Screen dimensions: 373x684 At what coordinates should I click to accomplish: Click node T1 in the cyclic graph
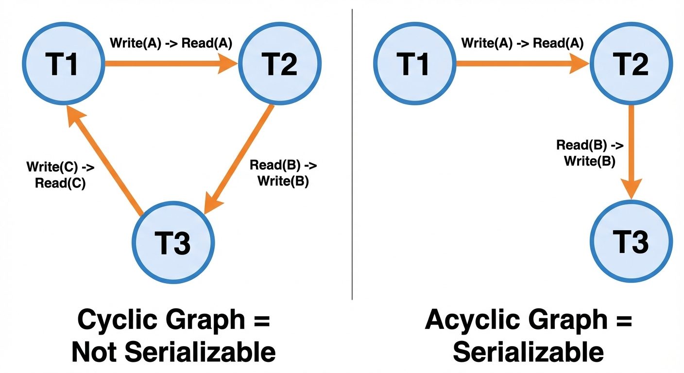(x=64, y=63)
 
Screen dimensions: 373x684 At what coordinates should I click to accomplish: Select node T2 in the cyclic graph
(x=280, y=63)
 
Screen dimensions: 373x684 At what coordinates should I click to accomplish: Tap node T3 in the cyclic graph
(x=173, y=241)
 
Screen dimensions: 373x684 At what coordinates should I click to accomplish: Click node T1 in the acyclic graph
(x=414, y=63)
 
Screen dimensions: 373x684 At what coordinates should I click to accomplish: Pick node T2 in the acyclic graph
(x=632, y=63)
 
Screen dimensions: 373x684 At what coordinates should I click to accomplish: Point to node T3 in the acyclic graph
(x=632, y=241)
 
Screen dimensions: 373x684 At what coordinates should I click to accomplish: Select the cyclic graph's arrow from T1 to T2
(x=170, y=63)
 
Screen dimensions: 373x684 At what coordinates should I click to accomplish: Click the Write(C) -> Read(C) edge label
(x=60, y=175)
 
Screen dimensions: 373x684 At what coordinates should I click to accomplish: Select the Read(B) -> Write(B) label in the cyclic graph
(x=283, y=173)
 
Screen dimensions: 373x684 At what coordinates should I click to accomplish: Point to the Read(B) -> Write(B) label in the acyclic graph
(x=590, y=153)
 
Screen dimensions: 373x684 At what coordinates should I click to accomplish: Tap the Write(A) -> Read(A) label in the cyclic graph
(x=171, y=43)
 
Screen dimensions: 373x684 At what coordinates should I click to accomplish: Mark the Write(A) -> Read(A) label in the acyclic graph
(x=523, y=43)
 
